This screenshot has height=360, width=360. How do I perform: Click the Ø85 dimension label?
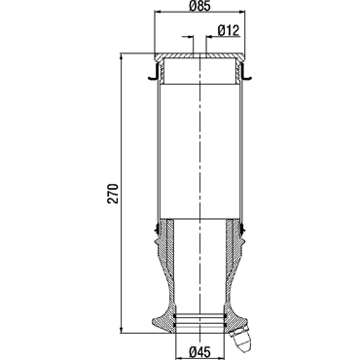pos(199,6)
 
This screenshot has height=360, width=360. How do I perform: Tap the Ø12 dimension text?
pos(229,30)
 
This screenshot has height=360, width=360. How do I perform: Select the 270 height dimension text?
pos(113,194)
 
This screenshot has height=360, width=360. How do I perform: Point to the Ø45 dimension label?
pos(199,351)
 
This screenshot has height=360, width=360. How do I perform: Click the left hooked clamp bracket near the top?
pos(154,72)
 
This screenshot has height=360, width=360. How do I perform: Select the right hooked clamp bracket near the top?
pos(245,72)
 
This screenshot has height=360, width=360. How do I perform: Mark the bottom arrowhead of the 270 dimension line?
pos(122,329)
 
